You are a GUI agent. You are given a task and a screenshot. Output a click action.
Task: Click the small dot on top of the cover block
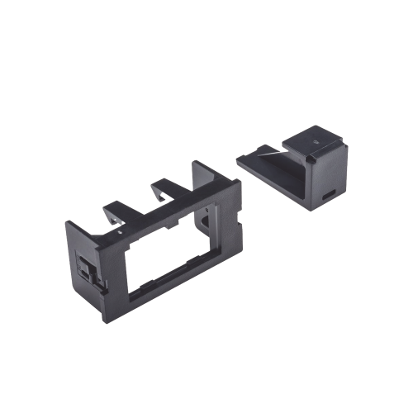pos(316,142)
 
